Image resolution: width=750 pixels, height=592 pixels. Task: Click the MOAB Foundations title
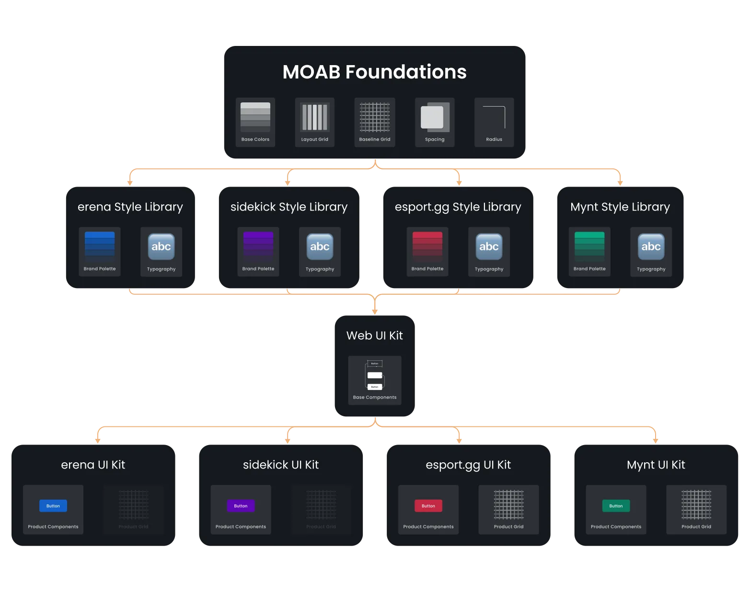(x=374, y=72)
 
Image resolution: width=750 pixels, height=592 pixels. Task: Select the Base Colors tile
(x=255, y=122)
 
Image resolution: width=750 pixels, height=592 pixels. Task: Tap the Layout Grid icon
(x=314, y=118)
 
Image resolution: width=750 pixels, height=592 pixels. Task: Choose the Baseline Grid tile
(x=375, y=122)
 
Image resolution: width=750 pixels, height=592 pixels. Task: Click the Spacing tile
(x=435, y=122)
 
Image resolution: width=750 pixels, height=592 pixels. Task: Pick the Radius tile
(x=494, y=122)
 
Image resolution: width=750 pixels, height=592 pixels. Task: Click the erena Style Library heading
(x=130, y=207)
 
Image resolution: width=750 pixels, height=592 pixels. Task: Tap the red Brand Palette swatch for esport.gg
(x=427, y=245)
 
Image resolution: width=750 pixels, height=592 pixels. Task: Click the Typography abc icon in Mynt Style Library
(x=651, y=246)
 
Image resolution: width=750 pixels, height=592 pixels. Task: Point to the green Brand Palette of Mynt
(x=589, y=245)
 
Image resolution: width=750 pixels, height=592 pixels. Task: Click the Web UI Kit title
(x=375, y=335)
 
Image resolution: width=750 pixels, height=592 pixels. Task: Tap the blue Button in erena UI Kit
(x=53, y=506)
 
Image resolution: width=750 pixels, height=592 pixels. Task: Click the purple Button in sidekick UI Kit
(x=241, y=506)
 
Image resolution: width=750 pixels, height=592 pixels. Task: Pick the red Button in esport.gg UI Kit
(x=428, y=506)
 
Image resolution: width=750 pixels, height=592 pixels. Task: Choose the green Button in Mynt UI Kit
(x=616, y=506)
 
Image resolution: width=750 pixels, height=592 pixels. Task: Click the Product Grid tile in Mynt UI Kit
(x=696, y=510)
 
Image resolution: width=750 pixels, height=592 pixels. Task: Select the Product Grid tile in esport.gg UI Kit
(x=508, y=510)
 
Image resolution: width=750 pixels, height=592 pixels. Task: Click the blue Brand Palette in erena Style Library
(x=100, y=245)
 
